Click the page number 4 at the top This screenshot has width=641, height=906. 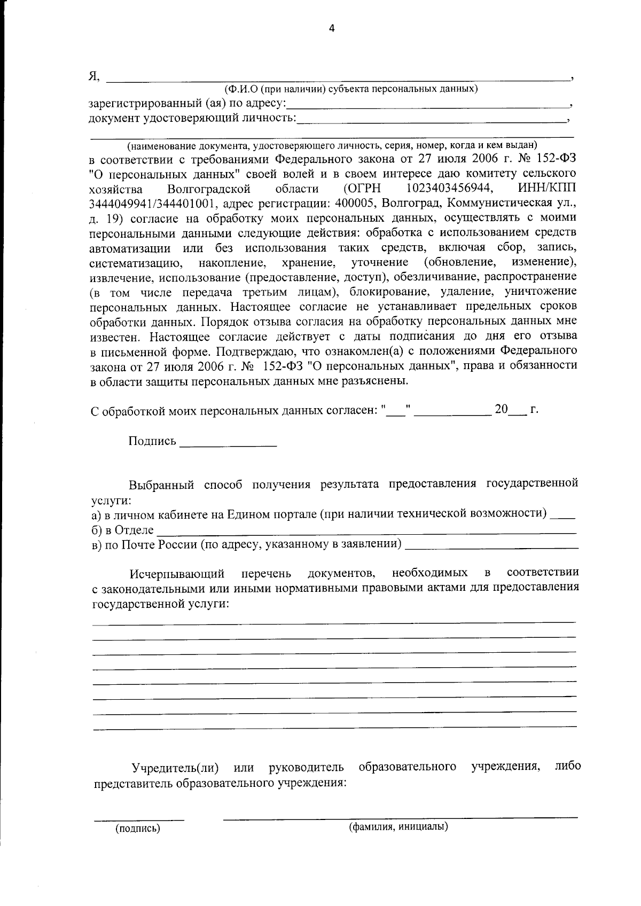coord(331,29)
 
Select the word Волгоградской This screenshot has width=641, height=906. coord(209,189)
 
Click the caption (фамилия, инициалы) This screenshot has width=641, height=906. coord(398,827)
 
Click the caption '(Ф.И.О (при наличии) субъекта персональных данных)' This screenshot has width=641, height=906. coord(351,89)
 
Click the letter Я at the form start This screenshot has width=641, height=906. coord(93,75)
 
